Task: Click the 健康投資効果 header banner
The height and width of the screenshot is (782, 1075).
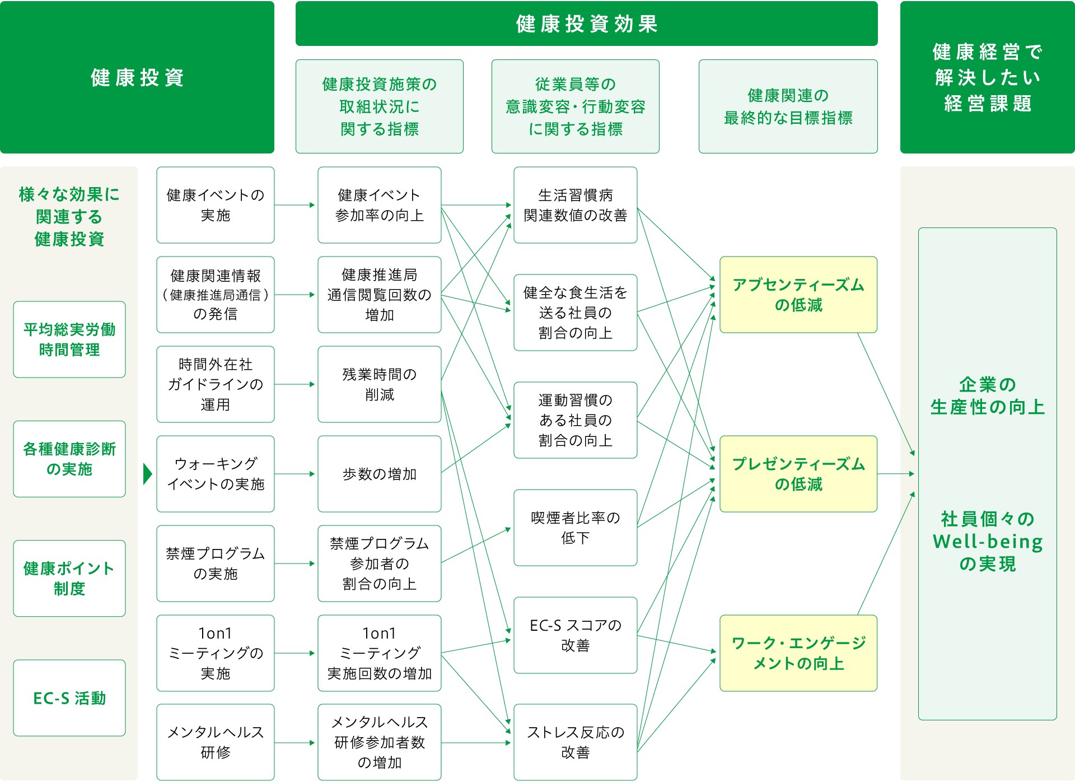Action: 586,24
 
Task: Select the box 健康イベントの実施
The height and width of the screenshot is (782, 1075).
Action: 216,205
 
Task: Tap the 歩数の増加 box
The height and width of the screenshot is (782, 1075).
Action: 379,474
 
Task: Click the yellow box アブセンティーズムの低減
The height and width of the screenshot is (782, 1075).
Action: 798,295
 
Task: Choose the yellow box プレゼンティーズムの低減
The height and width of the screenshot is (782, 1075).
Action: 798,474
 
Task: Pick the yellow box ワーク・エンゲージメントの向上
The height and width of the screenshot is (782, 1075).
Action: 798,653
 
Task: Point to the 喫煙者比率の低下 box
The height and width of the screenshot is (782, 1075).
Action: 575,528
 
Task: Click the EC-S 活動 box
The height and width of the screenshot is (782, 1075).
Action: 69,698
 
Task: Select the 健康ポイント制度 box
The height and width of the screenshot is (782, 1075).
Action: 69,578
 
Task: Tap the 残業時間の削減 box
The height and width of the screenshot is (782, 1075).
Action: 379,384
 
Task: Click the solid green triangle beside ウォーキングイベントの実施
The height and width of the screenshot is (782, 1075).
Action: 147,474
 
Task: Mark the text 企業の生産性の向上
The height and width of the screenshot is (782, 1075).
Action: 987,395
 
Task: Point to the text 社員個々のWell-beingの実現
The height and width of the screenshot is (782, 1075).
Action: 987,541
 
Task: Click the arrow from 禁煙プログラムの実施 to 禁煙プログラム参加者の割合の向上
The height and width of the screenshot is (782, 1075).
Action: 296,564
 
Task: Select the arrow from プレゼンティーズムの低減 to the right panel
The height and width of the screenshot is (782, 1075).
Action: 895,474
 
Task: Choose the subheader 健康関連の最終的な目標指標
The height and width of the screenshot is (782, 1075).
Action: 788,106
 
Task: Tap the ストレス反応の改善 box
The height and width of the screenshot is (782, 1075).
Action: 575,742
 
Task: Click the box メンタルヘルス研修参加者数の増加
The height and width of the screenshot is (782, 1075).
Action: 379,742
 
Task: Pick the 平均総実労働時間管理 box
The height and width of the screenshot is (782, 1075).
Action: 69,339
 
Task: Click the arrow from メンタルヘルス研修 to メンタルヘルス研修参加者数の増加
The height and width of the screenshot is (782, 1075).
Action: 296,743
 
